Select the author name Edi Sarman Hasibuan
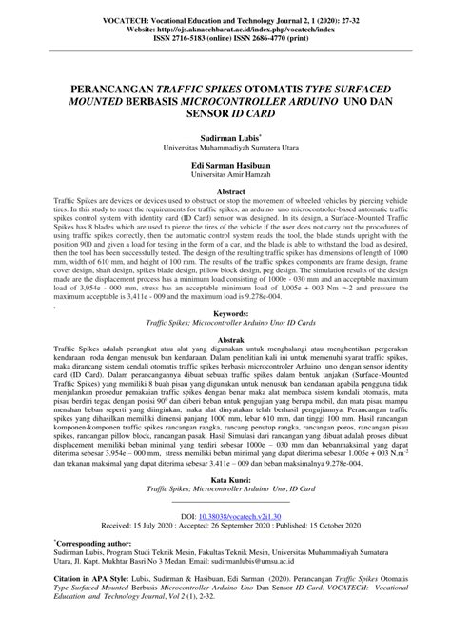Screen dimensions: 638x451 (225, 166)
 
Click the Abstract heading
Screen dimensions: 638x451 (225, 191)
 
